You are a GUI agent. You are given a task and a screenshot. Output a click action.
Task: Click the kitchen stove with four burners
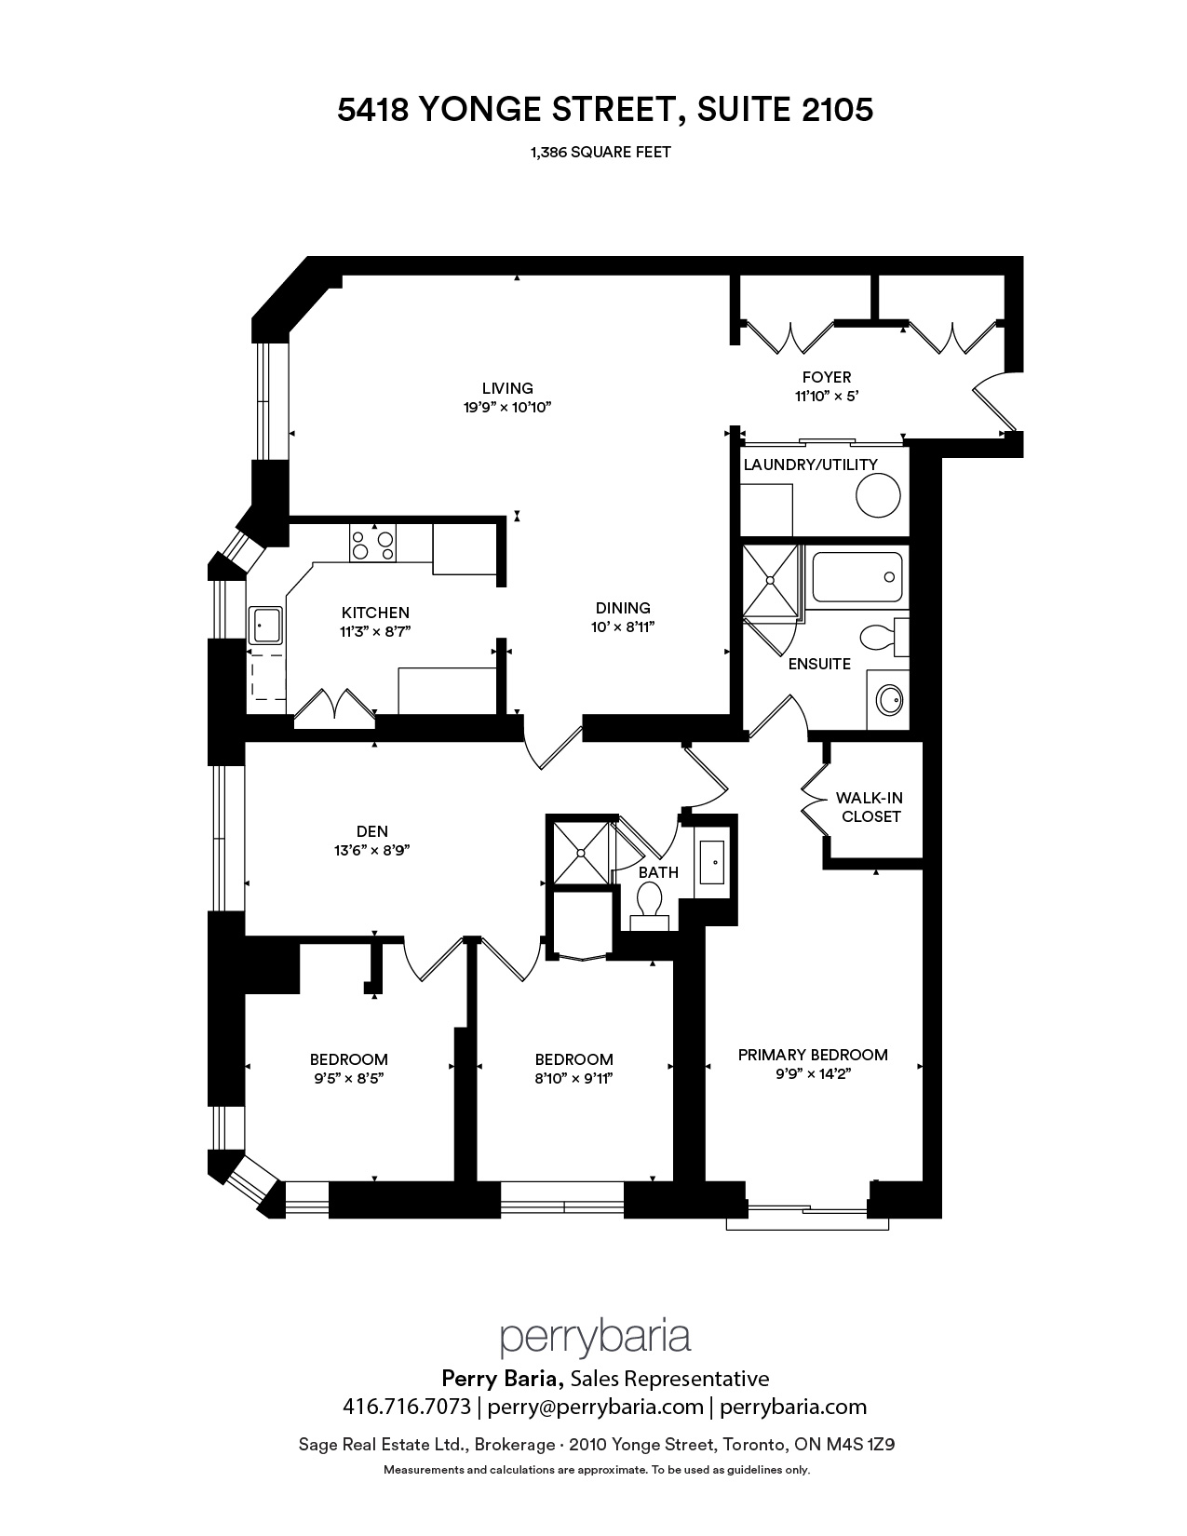click(x=372, y=544)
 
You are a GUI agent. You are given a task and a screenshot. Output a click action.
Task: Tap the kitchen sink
click(x=265, y=626)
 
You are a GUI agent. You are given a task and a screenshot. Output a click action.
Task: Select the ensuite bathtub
click(x=857, y=577)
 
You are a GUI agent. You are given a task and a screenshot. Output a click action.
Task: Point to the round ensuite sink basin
click(x=889, y=701)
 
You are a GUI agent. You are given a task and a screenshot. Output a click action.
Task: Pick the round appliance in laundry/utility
click(x=878, y=495)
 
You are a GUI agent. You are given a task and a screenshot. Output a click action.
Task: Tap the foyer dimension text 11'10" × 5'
click(x=827, y=397)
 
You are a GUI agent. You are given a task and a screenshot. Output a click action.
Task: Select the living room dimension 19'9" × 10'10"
click(x=506, y=407)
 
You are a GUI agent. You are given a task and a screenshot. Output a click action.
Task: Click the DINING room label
click(x=623, y=608)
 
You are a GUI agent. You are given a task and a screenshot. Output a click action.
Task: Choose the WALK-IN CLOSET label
click(x=869, y=807)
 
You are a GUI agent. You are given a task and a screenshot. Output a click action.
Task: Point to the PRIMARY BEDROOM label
click(x=813, y=1055)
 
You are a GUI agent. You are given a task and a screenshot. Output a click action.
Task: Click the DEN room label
click(x=371, y=831)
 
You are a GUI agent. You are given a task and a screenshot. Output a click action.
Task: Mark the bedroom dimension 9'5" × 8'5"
click(x=348, y=1078)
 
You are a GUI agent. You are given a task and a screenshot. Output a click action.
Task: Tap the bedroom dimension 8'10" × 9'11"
click(x=573, y=1078)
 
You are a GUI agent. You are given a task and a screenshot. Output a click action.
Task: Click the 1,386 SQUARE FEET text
click(x=600, y=152)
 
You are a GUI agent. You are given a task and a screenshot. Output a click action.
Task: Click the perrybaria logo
click(x=595, y=1338)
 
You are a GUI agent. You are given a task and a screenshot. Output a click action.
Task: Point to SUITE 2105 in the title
click(x=785, y=110)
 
